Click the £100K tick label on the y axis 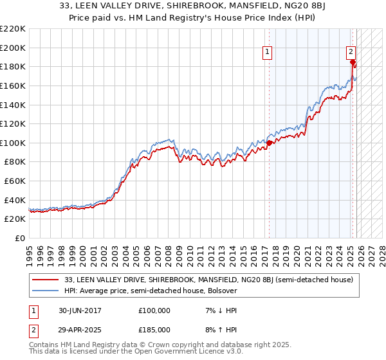point(13,143)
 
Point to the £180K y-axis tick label point(13,66)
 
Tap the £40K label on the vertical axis point(15,200)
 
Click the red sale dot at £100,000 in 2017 point(269,143)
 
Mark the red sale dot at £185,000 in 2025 point(353,62)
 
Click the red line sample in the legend point(46,280)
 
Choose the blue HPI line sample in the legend point(46,291)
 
